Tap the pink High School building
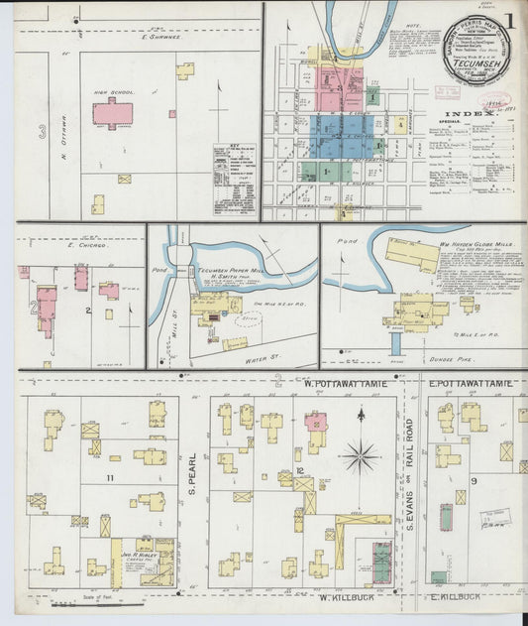click(112, 113)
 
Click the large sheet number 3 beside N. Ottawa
click(42, 130)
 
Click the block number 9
click(475, 481)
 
